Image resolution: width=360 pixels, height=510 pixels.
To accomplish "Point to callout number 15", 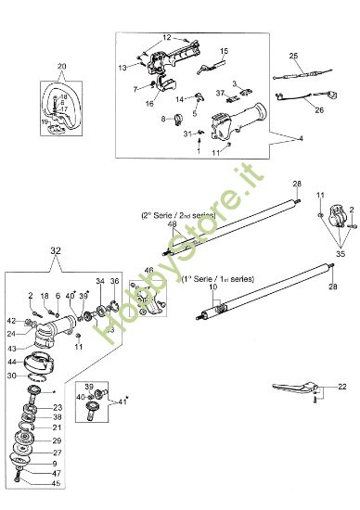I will (223, 51).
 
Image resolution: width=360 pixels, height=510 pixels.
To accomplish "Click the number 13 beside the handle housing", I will (122, 68).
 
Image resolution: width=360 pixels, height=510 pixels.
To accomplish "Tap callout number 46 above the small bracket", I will (148, 271).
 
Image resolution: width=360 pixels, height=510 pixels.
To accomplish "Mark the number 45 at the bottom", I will (56, 482).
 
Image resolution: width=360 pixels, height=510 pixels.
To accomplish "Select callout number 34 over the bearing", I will (100, 281).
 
